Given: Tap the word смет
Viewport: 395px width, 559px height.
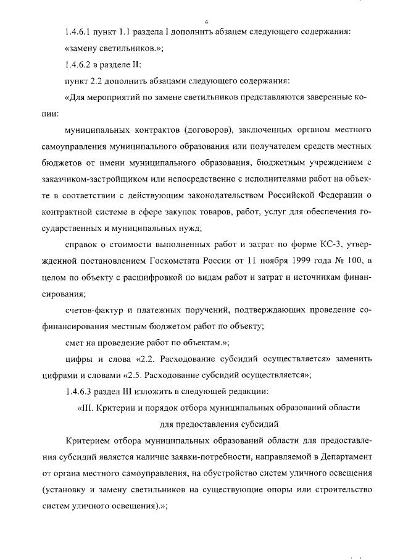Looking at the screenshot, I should [x=75, y=342].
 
